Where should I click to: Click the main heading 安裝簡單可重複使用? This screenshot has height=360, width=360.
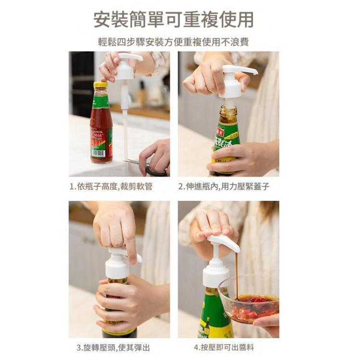pyautogui.click(x=173, y=20)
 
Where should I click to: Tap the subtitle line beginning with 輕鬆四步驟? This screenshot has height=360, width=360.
pyautogui.click(x=173, y=42)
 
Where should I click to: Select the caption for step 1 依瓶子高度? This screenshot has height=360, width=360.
pyautogui.click(x=111, y=186)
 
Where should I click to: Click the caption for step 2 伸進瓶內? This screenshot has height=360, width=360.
pyautogui.click(x=224, y=186)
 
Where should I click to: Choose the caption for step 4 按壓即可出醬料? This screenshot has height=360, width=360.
pyautogui.click(x=223, y=347)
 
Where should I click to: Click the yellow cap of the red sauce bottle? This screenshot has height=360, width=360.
pyautogui.click(x=100, y=85)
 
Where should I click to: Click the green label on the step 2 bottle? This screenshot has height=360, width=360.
pyautogui.click(x=226, y=144)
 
